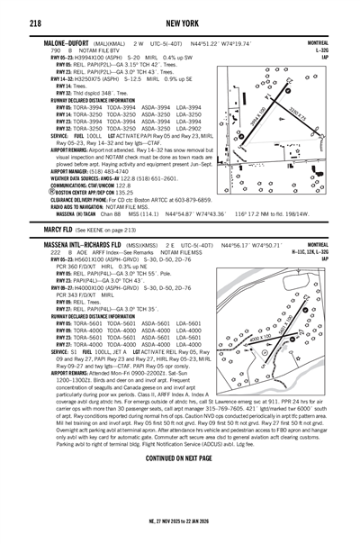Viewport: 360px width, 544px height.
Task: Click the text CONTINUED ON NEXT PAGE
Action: pyautogui.click(x=180, y=458)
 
